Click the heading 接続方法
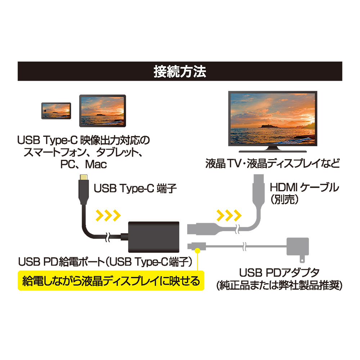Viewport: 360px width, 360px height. coord(180,71)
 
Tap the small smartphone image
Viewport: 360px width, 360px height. coord(56,111)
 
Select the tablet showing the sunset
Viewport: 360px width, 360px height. coord(102,111)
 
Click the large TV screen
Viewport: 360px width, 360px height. coord(273,118)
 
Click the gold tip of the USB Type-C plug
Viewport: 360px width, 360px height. coord(84,177)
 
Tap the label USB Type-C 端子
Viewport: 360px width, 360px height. coord(135,188)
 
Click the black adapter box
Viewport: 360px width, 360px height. coord(154,237)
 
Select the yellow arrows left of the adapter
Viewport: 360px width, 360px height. coord(108,215)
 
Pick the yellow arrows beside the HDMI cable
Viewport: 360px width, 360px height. coord(229,215)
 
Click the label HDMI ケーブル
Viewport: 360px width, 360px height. coord(304,187)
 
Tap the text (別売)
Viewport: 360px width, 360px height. coord(284,199)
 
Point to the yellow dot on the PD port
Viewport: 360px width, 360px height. coord(197,251)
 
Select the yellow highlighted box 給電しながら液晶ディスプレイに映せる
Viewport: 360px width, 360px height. coord(111,280)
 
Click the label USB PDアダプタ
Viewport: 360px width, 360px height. coord(279,273)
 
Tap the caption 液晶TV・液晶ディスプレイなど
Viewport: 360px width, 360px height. coord(273,163)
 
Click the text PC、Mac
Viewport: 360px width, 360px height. coord(84,164)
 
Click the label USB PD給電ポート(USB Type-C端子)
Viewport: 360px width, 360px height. coord(105,262)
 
